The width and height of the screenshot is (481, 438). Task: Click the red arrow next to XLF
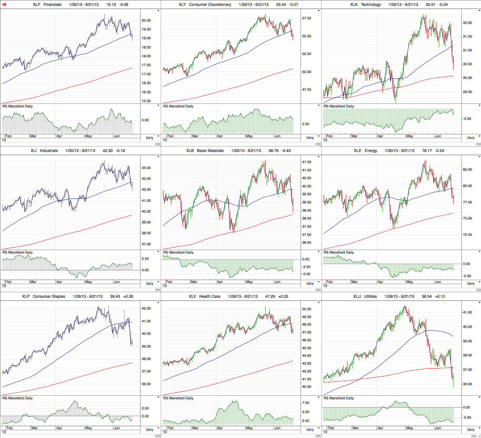[x=5, y=5]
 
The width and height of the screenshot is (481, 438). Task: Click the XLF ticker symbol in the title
[x=37, y=5]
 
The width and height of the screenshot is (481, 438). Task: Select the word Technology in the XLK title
[x=371, y=5]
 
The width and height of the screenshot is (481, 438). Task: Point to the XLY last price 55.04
[x=281, y=5]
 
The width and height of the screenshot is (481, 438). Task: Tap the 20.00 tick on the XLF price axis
[x=146, y=20]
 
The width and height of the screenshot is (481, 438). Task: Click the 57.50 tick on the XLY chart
[x=306, y=18]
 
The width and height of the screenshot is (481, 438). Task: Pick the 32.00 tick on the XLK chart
[x=467, y=23]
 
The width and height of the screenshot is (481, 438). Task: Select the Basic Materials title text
[x=210, y=151]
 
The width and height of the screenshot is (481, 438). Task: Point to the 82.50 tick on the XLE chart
[x=467, y=170]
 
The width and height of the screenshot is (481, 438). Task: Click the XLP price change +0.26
[x=128, y=296]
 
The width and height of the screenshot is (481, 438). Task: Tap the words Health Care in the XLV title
[x=210, y=296]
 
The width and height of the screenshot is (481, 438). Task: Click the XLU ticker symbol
[x=357, y=296]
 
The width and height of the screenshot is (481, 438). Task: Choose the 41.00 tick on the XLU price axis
[x=467, y=313]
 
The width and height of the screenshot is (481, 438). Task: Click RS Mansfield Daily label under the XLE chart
[x=339, y=252]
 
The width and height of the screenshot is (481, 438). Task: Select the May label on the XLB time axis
[x=249, y=282]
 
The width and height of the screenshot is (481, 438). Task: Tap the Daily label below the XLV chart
[x=310, y=429]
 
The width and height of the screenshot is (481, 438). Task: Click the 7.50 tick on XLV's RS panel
[x=305, y=403]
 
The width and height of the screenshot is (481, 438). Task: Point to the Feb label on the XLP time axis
[x=10, y=428]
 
